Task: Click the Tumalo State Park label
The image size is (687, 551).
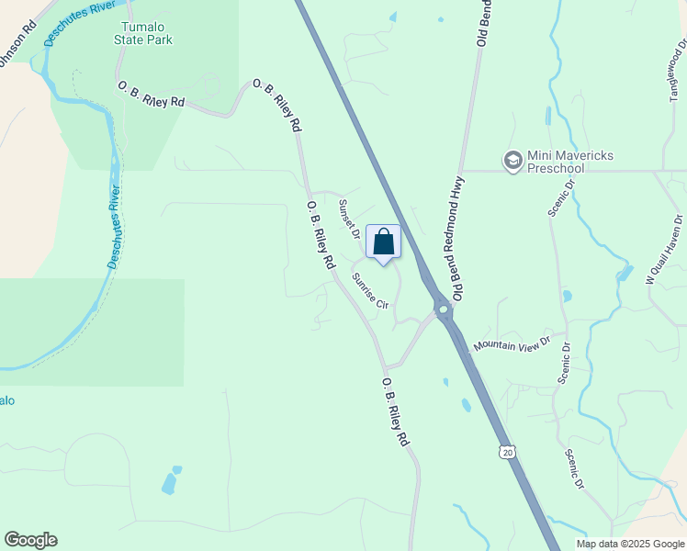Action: point(143,34)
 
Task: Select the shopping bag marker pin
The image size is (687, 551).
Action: point(384,243)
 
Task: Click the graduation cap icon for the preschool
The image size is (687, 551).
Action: point(512,162)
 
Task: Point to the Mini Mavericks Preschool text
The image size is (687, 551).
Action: point(561,162)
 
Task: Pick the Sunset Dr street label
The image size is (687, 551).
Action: point(350,218)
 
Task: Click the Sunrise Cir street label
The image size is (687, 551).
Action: point(371,289)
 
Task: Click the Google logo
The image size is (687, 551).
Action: point(30,540)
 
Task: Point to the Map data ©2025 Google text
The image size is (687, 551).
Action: point(630,544)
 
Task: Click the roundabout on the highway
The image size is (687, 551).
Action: point(444,309)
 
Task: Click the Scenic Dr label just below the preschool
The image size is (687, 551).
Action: point(561,197)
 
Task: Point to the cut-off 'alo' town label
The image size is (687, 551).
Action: point(7,400)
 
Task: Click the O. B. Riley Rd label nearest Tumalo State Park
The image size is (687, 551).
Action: point(152,95)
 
